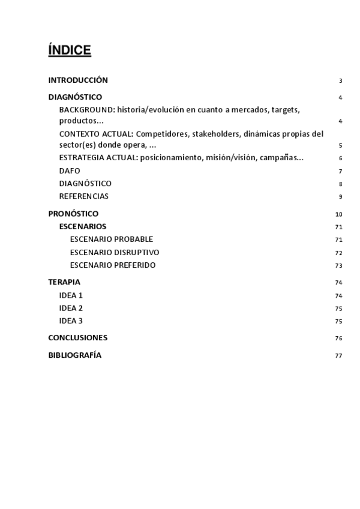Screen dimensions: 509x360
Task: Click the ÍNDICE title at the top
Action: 70,50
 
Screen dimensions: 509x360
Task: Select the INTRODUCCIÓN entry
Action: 78,80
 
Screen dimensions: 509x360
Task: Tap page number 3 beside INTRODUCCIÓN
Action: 340,81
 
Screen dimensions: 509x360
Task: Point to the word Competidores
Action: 161,134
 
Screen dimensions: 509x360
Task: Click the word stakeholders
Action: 218,134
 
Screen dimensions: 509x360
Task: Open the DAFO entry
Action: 70,171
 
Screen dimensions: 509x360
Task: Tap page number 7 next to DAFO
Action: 340,172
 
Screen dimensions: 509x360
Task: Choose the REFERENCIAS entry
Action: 83,196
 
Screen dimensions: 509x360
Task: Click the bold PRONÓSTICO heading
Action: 73,214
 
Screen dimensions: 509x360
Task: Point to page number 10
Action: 339,214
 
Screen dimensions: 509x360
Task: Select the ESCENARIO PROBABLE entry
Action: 112,239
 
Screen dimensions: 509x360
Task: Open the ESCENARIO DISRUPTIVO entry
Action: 115,252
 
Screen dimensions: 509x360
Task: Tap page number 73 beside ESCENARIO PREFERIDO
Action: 339,265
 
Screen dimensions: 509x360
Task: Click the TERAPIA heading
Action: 64,282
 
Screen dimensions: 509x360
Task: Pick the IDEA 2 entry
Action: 71,308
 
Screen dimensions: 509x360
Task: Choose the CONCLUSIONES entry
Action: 78,337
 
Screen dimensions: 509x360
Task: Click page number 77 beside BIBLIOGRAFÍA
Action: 339,355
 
